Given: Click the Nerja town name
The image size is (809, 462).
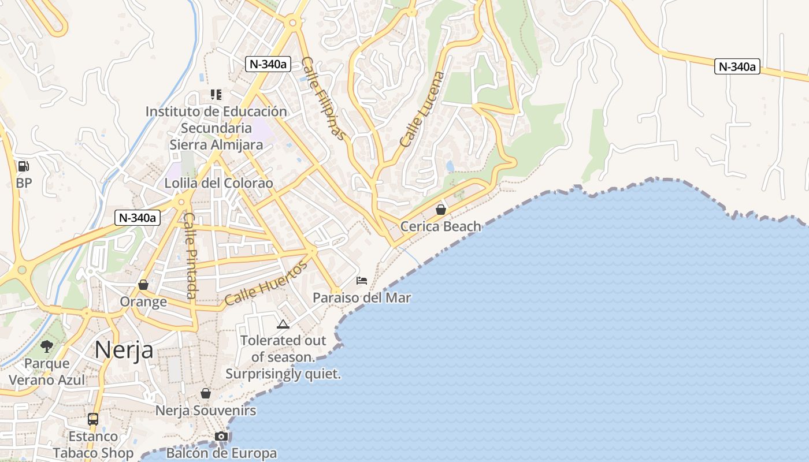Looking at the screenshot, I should [124, 349].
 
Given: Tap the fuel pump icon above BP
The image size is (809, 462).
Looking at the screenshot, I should [24, 166].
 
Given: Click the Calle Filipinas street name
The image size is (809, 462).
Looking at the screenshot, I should [323, 98].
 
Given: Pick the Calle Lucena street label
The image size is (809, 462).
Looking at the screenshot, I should [424, 109].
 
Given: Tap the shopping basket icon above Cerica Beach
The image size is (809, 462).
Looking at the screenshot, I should [441, 209].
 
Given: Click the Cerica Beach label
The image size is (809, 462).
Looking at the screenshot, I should [441, 226].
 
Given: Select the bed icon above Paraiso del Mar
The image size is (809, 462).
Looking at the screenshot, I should [362, 281].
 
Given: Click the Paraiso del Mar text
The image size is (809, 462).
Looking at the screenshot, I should [362, 298].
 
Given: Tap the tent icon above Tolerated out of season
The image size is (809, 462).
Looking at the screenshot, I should [283, 324].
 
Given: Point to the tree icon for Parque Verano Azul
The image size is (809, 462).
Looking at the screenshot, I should [47, 346].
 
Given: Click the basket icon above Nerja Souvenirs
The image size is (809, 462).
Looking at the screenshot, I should [206, 393].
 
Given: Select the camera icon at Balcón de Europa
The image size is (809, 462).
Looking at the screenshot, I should [221, 436].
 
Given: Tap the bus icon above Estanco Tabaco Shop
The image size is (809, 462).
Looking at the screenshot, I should [93, 419].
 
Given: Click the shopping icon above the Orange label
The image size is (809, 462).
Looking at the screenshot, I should [143, 285].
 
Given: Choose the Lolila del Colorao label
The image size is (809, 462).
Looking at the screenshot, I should [218, 183].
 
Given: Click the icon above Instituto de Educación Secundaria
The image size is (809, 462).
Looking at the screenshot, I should [216, 94].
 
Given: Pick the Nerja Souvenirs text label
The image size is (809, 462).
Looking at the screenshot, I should [206, 411].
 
